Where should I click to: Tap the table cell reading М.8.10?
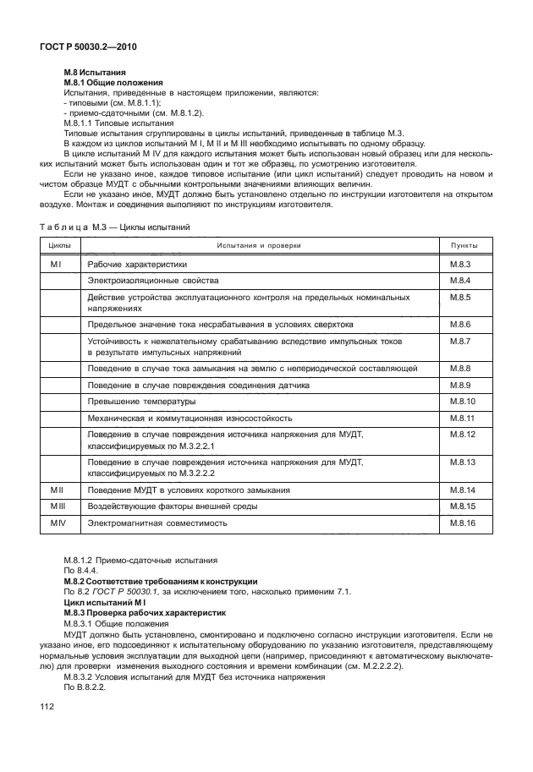pyautogui.click(x=462, y=400)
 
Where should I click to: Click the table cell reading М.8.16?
pyautogui.click(x=462, y=523)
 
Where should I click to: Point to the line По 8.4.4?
pyautogui.click(x=84, y=571)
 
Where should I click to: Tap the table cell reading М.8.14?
pyautogui.click(x=462, y=490)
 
